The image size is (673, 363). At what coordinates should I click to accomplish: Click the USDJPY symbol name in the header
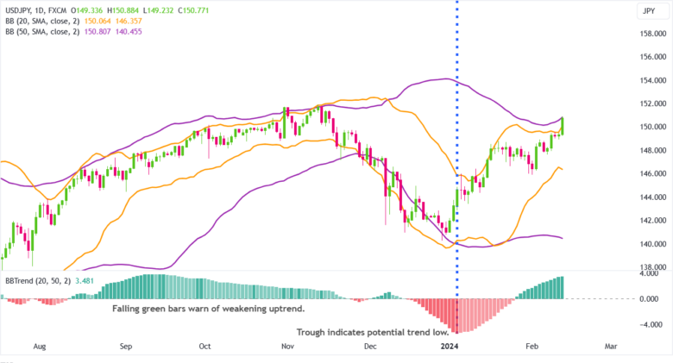19,9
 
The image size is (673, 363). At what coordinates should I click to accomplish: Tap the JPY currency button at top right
646,10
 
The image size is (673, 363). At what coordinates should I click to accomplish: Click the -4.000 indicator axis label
649,325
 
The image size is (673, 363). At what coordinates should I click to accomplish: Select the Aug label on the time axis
39,346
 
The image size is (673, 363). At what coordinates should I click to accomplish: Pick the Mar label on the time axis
611,346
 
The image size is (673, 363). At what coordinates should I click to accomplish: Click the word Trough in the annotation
314,332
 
